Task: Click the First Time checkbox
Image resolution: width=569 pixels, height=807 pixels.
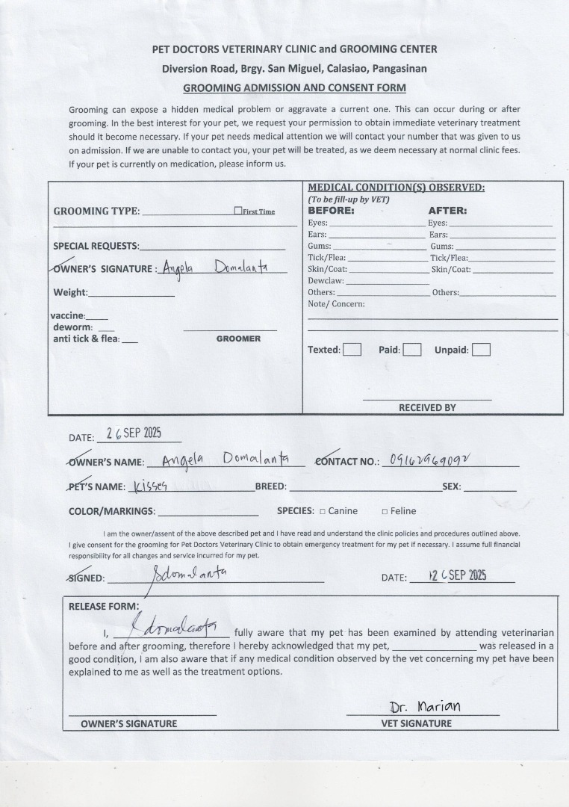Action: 237,211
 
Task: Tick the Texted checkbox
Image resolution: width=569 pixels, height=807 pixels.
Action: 352,350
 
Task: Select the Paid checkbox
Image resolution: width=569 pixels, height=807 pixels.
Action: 412,350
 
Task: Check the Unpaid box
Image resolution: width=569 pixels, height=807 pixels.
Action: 482,350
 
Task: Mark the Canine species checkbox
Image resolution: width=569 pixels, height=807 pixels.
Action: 323,512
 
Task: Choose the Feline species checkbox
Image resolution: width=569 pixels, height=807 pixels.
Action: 385,512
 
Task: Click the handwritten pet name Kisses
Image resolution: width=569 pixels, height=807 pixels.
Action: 152,486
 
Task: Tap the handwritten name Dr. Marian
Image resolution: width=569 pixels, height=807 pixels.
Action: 425,706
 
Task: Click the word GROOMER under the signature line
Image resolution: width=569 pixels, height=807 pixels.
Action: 238,338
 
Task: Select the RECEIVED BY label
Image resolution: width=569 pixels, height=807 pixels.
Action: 427,407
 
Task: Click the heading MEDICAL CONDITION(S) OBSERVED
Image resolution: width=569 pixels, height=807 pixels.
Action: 396,188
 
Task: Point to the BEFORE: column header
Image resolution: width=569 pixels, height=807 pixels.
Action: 331,211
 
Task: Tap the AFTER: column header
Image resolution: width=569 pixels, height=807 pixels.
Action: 447,211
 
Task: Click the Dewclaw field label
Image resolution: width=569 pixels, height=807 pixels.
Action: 326,281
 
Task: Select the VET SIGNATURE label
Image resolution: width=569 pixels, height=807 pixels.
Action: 417,723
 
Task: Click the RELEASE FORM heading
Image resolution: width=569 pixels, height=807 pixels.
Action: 104,606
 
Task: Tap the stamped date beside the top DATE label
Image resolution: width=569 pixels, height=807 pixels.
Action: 134,434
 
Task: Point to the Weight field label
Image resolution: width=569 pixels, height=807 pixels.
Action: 70,292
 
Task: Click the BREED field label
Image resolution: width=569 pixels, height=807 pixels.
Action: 270,486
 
